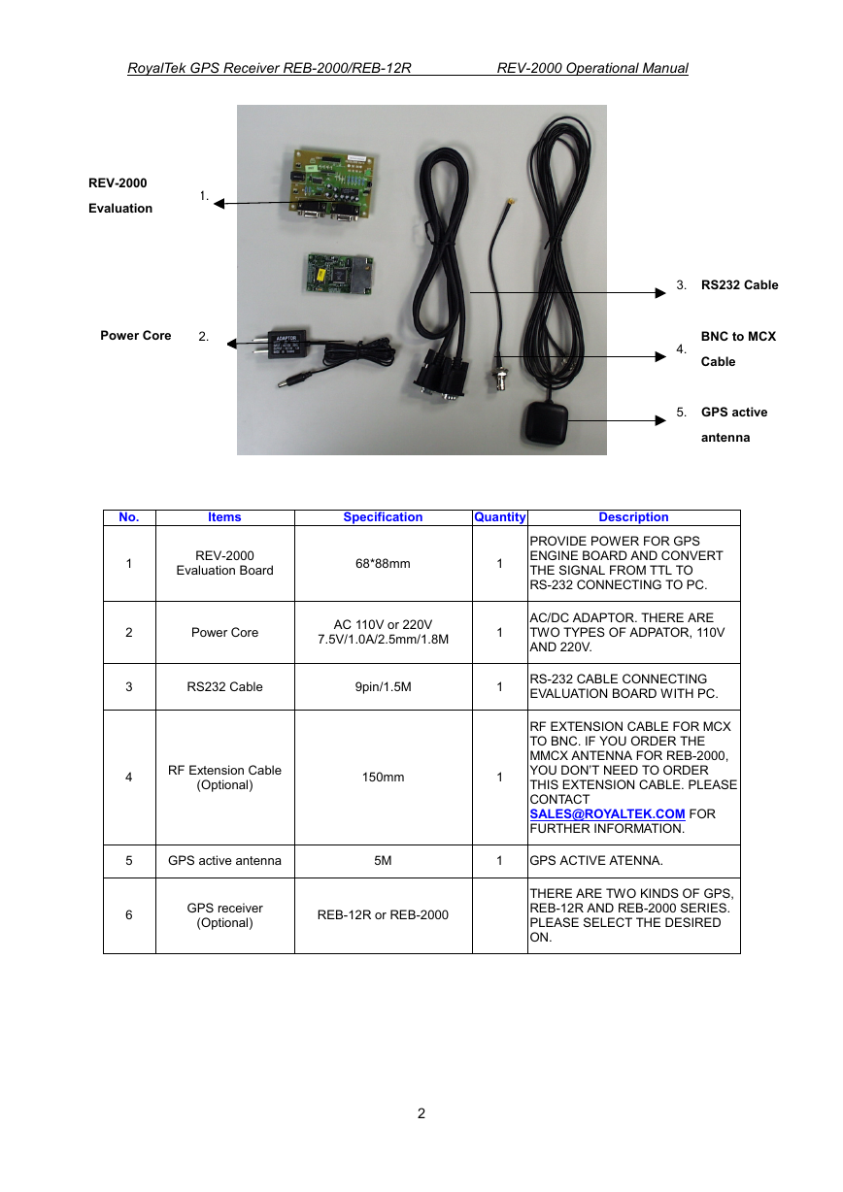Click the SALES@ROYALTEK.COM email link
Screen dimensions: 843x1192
pyautogui.click(x=607, y=813)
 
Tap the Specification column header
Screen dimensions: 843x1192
pyautogui.click(x=383, y=516)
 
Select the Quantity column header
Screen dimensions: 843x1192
pyautogui.click(x=499, y=516)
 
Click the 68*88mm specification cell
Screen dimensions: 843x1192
pyautogui.click(x=383, y=564)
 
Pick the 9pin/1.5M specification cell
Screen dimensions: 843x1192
pyautogui.click(x=383, y=686)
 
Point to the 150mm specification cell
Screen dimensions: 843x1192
pyautogui.click(x=383, y=777)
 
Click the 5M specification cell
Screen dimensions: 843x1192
pyautogui.click(x=383, y=860)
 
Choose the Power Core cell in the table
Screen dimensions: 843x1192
pyautogui.click(x=224, y=632)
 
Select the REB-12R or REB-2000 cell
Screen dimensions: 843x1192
pyautogui.click(x=383, y=914)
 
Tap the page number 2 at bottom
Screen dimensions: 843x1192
pyautogui.click(x=421, y=1113)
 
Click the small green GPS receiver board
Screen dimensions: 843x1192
pyautogui.click(x=340, y=274)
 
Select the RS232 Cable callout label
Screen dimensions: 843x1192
pyautogui.click(x=739, y=284)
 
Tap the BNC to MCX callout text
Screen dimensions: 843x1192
pyautogui.click(x=738, y=336)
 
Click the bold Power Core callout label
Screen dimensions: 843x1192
pyautogui.click(x=136, y=335)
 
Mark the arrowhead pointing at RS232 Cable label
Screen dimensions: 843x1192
pyautogui.click(x=660, y=293)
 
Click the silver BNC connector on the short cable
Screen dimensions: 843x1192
pyautogui.click(x=499, y=377)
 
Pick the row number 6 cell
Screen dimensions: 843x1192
pyautogui.click(x=129, y=914)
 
